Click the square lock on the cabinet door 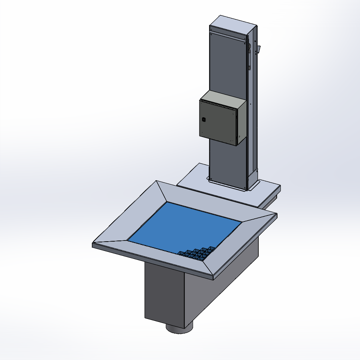click(204, 120)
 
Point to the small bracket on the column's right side click(259, 49)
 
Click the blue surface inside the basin click(183, 226)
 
